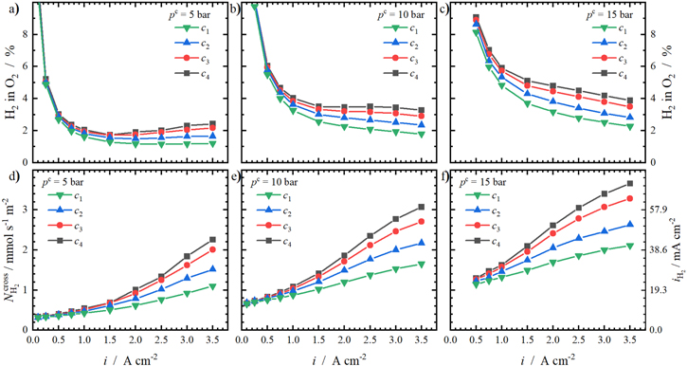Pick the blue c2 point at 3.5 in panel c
click(630, 118)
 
